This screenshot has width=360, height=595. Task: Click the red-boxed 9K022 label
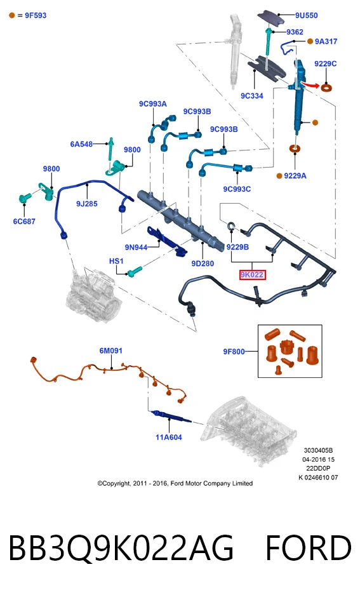coord(252,274)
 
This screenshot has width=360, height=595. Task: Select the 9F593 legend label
coord(36,15)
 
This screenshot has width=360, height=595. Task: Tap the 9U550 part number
coord(307,15)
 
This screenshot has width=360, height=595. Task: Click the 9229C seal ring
coord(326,88)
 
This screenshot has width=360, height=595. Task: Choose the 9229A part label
coord(295,175)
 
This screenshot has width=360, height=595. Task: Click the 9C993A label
coord(153,104)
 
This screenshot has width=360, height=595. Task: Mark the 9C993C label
coord(237,189)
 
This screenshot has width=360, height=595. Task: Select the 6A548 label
coord(81,144)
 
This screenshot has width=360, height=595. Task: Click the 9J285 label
coord(87,203)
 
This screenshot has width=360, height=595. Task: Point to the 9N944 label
coord(136,247)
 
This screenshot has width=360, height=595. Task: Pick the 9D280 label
coord(203,263)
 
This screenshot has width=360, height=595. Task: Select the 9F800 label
coord(234,351)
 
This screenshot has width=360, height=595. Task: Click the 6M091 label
coord(110,351)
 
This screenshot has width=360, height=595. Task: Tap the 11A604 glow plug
coord(171,416)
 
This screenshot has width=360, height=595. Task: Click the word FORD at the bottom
coord(309,547)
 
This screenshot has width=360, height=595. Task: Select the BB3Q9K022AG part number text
coord(121,548)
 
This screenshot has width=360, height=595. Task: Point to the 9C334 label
coord(252,96)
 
